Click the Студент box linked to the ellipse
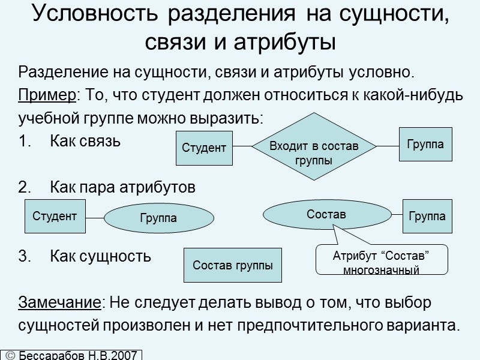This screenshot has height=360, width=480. pos(54,216)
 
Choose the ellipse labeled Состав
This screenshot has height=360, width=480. pos(326,214)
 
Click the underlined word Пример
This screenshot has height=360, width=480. pos(49,95)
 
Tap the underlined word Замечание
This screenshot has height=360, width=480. pos(60,302)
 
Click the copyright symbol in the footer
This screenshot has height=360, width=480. pos(10,355)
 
